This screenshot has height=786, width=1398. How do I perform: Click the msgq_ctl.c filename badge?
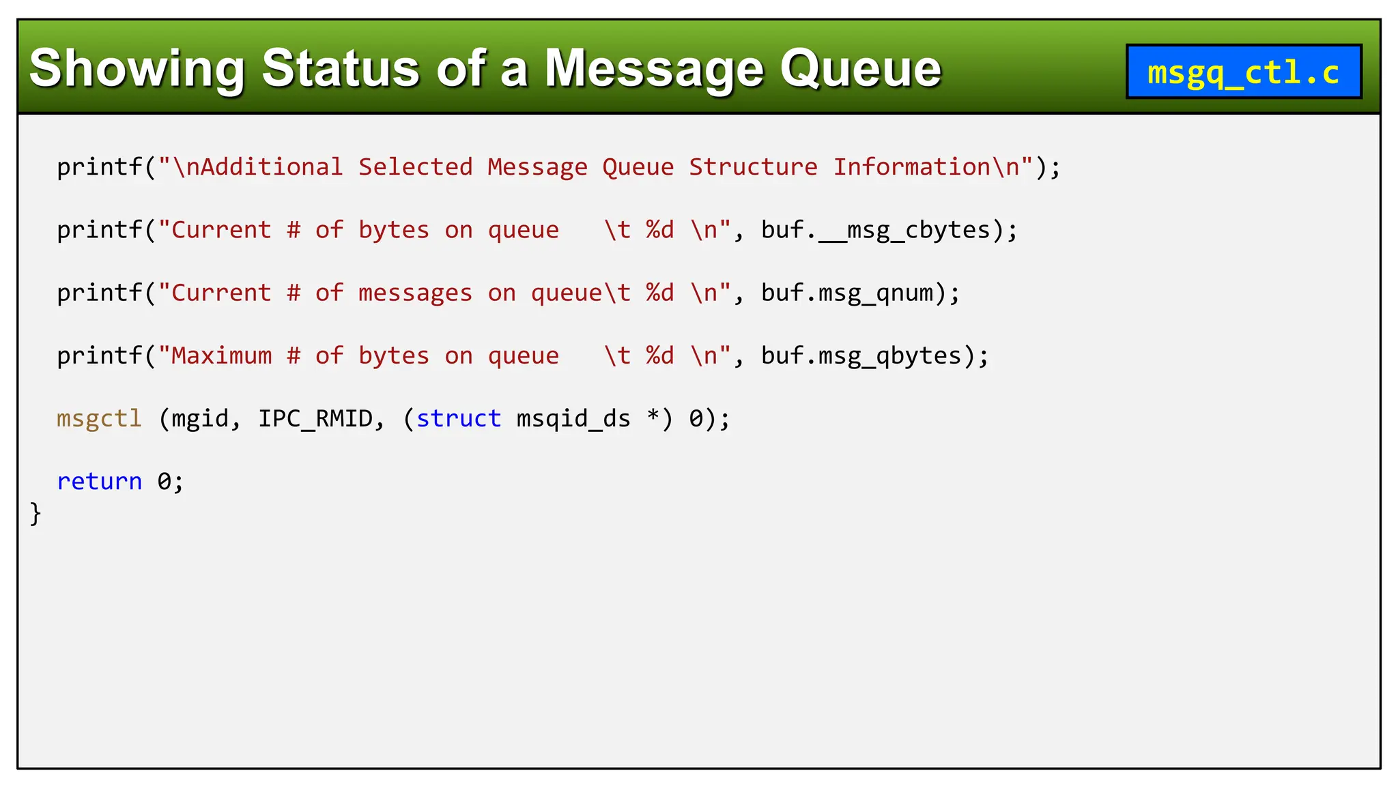pos(1243,72)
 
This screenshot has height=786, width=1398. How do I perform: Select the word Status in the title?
pos(340,69)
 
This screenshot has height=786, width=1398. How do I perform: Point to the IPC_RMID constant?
pos(315,418)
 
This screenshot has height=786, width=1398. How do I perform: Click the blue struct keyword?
pos(458,418)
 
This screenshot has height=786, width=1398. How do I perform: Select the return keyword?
pos(99,481)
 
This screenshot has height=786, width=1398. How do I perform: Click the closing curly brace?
pos(35,513)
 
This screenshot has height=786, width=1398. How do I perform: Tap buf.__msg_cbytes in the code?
pos(875,230)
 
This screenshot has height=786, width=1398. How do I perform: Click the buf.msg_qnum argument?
pos(846,293)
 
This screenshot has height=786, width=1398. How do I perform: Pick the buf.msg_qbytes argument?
pos(861,355)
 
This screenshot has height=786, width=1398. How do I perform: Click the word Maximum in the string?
pos(221,355)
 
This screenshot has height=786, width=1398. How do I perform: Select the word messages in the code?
pos(415,293)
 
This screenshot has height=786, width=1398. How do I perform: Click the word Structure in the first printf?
pos(752,167)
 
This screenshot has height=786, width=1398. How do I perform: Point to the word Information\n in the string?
pos(926,167)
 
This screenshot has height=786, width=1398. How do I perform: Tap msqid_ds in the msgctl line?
pos(573,418)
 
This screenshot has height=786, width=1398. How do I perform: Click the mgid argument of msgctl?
pos(199,418)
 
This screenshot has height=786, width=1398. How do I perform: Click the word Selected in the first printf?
pos(415,167)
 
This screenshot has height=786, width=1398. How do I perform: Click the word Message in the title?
pos(654,69)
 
